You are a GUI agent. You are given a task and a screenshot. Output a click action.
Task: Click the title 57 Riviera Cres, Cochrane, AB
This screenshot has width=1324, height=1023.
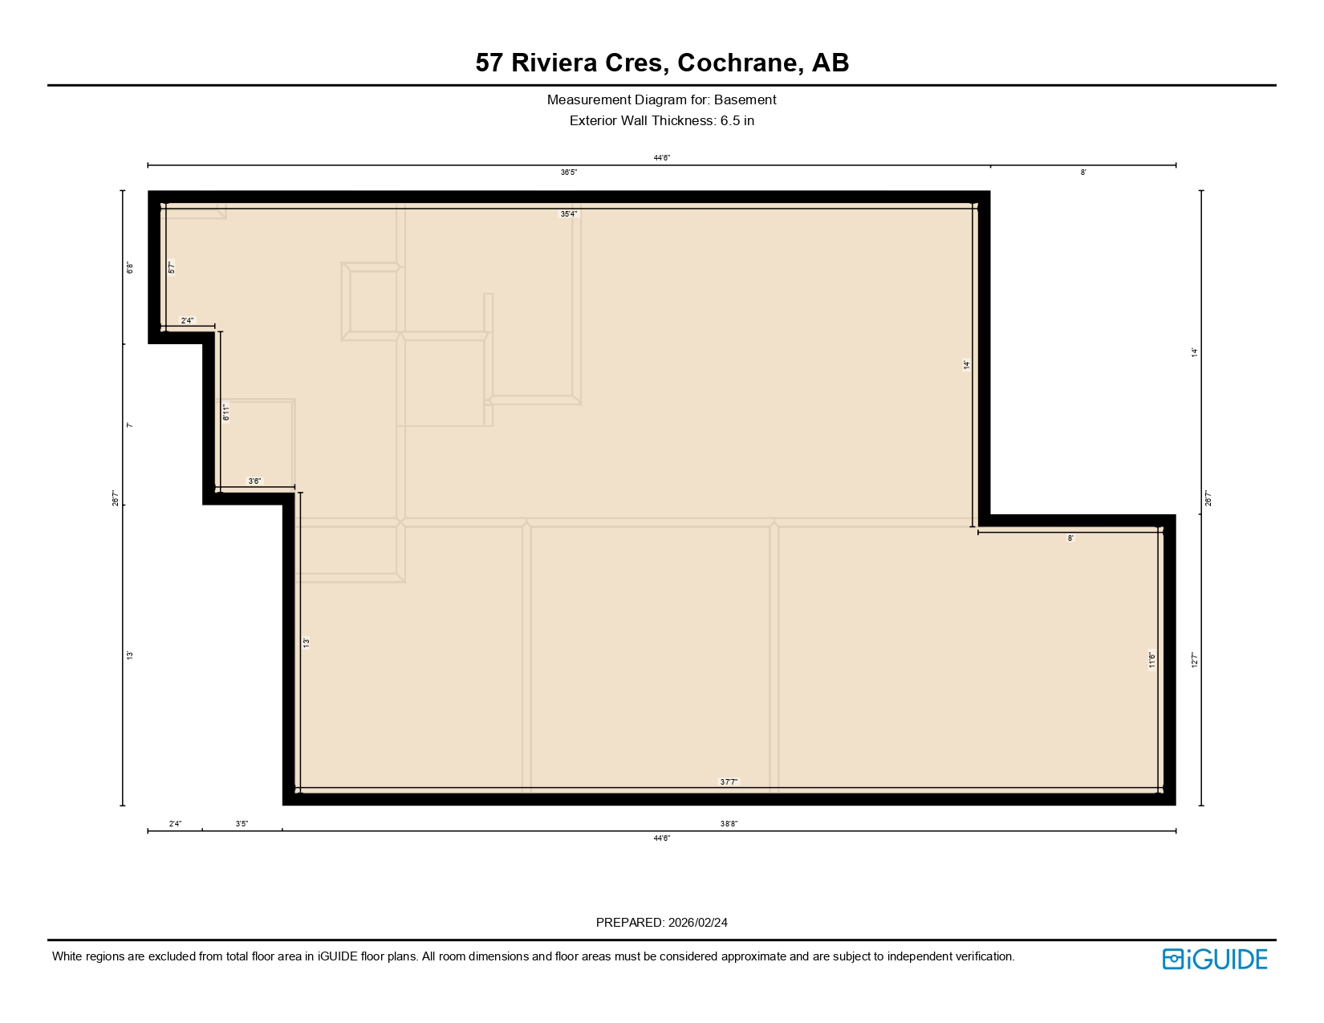coord(662,63)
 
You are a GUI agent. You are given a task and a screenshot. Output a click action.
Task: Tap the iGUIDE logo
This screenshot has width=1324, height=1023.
coord(1215,959)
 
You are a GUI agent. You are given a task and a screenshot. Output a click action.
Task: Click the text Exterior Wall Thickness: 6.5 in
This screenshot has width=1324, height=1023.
coord(662,121)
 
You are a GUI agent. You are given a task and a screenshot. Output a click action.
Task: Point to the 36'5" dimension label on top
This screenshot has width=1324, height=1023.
coord(569,173)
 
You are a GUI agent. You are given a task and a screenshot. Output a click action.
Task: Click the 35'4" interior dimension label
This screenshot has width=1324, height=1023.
coord(569,214)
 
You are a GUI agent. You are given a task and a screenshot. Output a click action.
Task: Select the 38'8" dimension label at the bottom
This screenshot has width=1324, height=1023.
coord(729,824)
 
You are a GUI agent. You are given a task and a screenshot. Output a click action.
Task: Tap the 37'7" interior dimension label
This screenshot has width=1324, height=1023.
coord(729,781)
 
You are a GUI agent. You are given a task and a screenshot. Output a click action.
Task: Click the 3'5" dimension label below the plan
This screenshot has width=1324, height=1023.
coord(242,824)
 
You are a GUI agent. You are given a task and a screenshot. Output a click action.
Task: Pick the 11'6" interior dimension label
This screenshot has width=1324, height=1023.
coord(1152,660)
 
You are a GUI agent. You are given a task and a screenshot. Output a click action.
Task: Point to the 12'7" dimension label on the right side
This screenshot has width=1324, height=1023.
coord(1194,660)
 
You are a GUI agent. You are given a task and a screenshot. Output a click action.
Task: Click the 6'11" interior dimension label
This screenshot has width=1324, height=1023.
coord(226,412)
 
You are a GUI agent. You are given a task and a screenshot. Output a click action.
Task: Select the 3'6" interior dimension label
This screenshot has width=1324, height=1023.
coord(254,481)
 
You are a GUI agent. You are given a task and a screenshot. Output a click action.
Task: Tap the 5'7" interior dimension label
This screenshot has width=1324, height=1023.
coord(172,267)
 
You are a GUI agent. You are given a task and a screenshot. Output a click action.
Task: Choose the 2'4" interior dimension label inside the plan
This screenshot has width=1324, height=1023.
coord(187,321)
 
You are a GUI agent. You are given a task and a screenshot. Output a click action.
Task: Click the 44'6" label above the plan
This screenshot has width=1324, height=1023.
coord(662,158)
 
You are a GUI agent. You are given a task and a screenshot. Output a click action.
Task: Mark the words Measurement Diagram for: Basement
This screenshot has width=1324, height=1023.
coord(662,100)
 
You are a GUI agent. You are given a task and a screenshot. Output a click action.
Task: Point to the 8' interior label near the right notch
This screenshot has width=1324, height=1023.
coord(1070,538)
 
